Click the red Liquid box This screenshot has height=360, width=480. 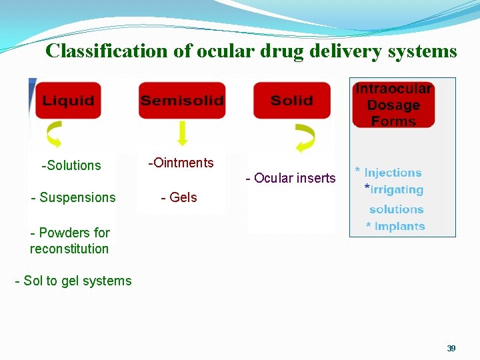click(x=68, y=101)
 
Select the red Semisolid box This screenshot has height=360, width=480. click(x=181, y=101)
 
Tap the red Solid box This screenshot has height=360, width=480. click(x=292, y=101)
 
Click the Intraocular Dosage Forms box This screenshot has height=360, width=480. click(x=394, y=105)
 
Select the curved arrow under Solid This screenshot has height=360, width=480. click(x=306, y=137)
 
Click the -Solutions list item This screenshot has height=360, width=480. click(x=71, y=165)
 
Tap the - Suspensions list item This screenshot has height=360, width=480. click(x=73, y=197)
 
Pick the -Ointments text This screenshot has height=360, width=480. click(x=181, y=163)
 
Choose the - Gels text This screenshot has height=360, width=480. click(x=179, y=197)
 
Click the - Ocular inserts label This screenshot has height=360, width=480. click(x=291, y=178)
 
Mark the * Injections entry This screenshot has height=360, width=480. click(x=389, y=173)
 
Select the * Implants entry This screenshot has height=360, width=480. click(x=395, y=227)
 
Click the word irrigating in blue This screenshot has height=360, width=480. click(x=397, y=190)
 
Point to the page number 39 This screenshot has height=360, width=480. click(x=451, y=348)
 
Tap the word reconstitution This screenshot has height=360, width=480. click(x=69, y=249)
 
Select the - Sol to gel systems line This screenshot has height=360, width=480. click(x=73, y=281)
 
